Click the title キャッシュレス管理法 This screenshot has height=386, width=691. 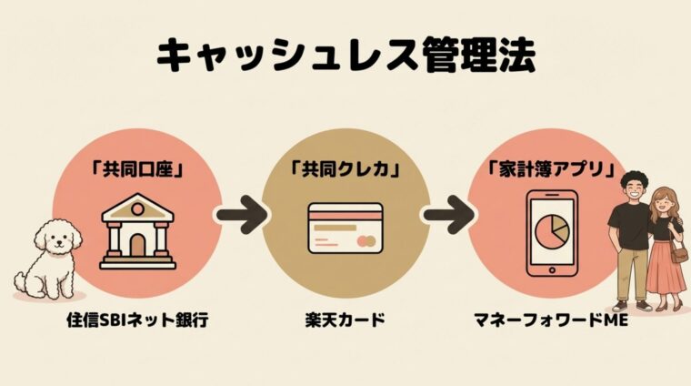click(x=345, y=56)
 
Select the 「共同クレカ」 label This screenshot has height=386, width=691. click(x=345, y=168)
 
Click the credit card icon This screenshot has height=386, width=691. click(x=345, y=229)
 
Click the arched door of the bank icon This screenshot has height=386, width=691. click(x=137, y=245)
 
